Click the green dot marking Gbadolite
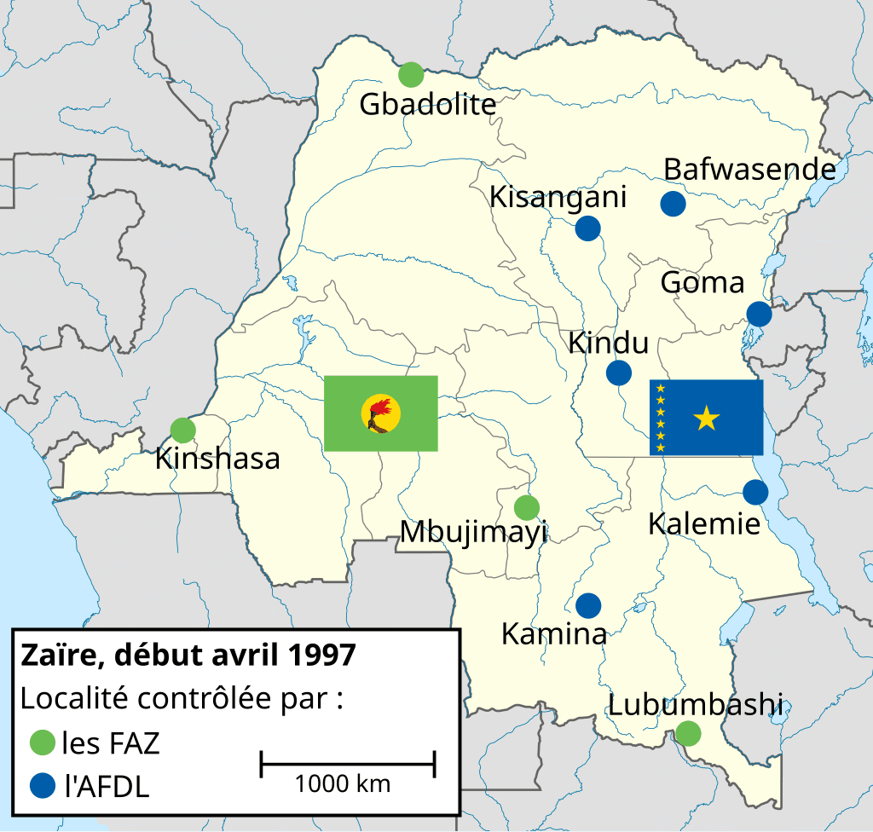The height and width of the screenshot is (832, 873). click(x=411, y=75)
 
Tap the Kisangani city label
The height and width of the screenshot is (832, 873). click(x=558, y=197)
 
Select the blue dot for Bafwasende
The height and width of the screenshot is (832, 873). click(x=673, y=204)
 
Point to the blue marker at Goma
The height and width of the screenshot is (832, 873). click(x=758, y=314)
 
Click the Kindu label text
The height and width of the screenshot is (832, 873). click(x=608, y=344)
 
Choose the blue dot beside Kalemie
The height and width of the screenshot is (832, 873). click(x=754, y=492)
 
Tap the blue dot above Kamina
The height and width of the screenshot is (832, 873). click(x=587, y=605)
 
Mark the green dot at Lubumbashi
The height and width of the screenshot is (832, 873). click(x=688, y=732)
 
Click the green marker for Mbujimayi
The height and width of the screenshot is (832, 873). click(x=527, y=507)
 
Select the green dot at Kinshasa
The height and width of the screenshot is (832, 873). click(x=182, y=430)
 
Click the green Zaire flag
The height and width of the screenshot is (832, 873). click(x=380, y=413)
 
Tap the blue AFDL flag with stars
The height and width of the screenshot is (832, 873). click(x=706, y=418)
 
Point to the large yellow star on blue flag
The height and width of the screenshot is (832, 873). click(x=707, y=419)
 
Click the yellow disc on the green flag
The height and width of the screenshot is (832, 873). click(x=380, y=413)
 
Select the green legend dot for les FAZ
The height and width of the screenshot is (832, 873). click(x=41, y=742)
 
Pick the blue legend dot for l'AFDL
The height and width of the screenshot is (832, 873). click(x=41, y=785)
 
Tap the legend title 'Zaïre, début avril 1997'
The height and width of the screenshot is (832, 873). click(x=188, y=656)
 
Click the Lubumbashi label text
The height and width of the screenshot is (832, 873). click(x=695, y=705)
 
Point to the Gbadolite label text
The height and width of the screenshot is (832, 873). click(x=427, y=105)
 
